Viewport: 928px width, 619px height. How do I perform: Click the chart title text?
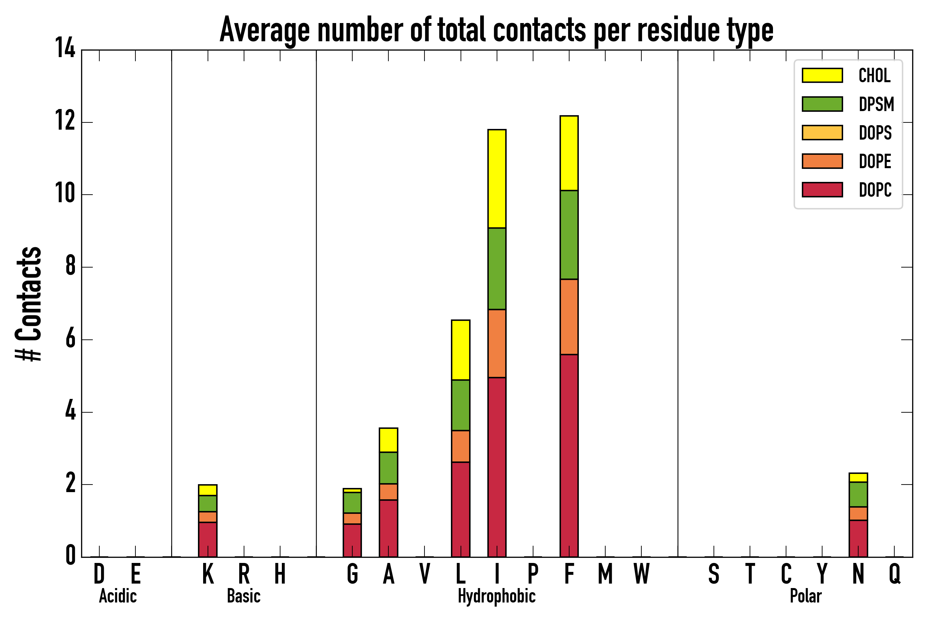pos(496,30)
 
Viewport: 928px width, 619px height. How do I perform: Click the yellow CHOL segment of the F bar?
pos(569,153)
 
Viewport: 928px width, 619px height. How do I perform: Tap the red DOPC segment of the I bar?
pos(497,467)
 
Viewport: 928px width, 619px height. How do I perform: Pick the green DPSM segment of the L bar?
pos(461,405)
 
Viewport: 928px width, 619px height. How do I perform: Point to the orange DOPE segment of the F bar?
pos(569,317)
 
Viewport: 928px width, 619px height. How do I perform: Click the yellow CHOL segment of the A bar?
pos(388,440)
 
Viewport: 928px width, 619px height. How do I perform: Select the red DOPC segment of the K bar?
pos(208,539)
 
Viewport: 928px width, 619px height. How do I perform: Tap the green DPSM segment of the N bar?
pos(858,494)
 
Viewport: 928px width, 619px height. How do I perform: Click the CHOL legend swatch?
pos(822,75)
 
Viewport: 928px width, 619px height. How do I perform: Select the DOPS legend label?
pos(875,133)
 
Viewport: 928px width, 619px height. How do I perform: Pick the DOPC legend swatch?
pos(822,189)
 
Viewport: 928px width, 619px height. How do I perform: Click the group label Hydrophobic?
pos(496,596)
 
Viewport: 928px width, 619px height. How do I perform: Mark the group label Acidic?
pos(118,596)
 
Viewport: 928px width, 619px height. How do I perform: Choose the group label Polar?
pos(806,596)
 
